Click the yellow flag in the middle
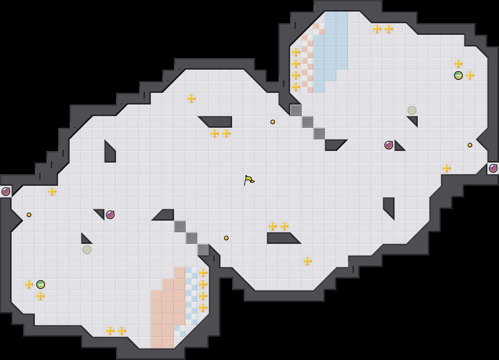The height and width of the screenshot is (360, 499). pyautogui.click(x=249, y=180)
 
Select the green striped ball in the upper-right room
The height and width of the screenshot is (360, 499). pyautogui.click(x=458, y=75)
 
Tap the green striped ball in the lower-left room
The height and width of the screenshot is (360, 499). pyautogui.click(x=41, y=285)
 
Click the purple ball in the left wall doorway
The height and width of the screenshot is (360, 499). pyautogui.click(x=6, y=192)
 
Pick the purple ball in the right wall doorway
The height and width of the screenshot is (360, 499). pyautogui.click(x=493, y=168)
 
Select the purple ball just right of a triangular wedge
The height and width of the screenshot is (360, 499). pyautogui.click(x=110, y=215)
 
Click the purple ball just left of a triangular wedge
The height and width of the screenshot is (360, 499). pyautogui.click(x=389, y=145)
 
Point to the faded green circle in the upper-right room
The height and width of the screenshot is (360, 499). pyautogui.click(x=412, y=110)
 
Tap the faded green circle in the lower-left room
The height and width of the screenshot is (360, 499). pyautogui.click(x=87, y=250)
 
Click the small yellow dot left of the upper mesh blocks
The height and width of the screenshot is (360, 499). pyautogui.click(x=273, y=122)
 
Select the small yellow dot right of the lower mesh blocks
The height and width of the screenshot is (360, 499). pyautogui.click(x=226, y=238)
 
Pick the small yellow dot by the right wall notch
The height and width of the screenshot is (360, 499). pyautogui.click(x=470, y=145)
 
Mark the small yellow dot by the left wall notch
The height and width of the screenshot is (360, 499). pyautogui.click(x=29, y=215)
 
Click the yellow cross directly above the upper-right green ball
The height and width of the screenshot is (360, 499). pyautogui.click(x=458, y=64)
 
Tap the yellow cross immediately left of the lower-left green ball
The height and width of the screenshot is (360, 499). pyautogui.click(x=29, y=285)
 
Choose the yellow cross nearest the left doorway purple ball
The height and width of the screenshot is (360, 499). pyautogui.click(x=52, y=192)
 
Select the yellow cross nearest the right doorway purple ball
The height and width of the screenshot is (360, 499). pyautogui.click(x=447, y=168)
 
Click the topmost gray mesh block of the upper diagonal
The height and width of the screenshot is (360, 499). pyautogui.click(x=296, y=110)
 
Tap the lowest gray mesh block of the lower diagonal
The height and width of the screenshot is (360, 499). pyautogui.click(x=203, y=250)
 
